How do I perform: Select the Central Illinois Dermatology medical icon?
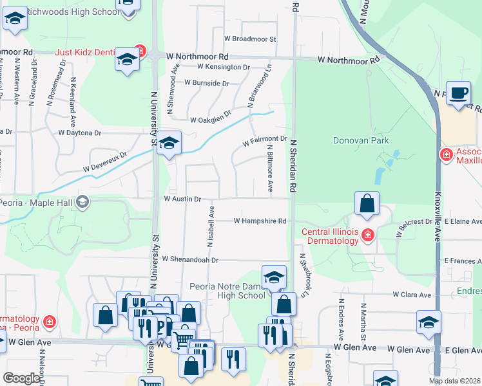tap(367, 235)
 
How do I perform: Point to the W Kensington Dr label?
tap(224, 66)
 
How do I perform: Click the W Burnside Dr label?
tap(206, 83)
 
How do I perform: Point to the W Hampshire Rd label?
tap(260, 221)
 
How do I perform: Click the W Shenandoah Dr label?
tap(191, 260)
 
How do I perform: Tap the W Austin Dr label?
tap(182, 199)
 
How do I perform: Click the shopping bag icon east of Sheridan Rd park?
tap(367, 205)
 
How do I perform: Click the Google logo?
tap(22, 378)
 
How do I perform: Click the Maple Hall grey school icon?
tap(82, 203)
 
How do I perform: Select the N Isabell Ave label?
tap(210, 226)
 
